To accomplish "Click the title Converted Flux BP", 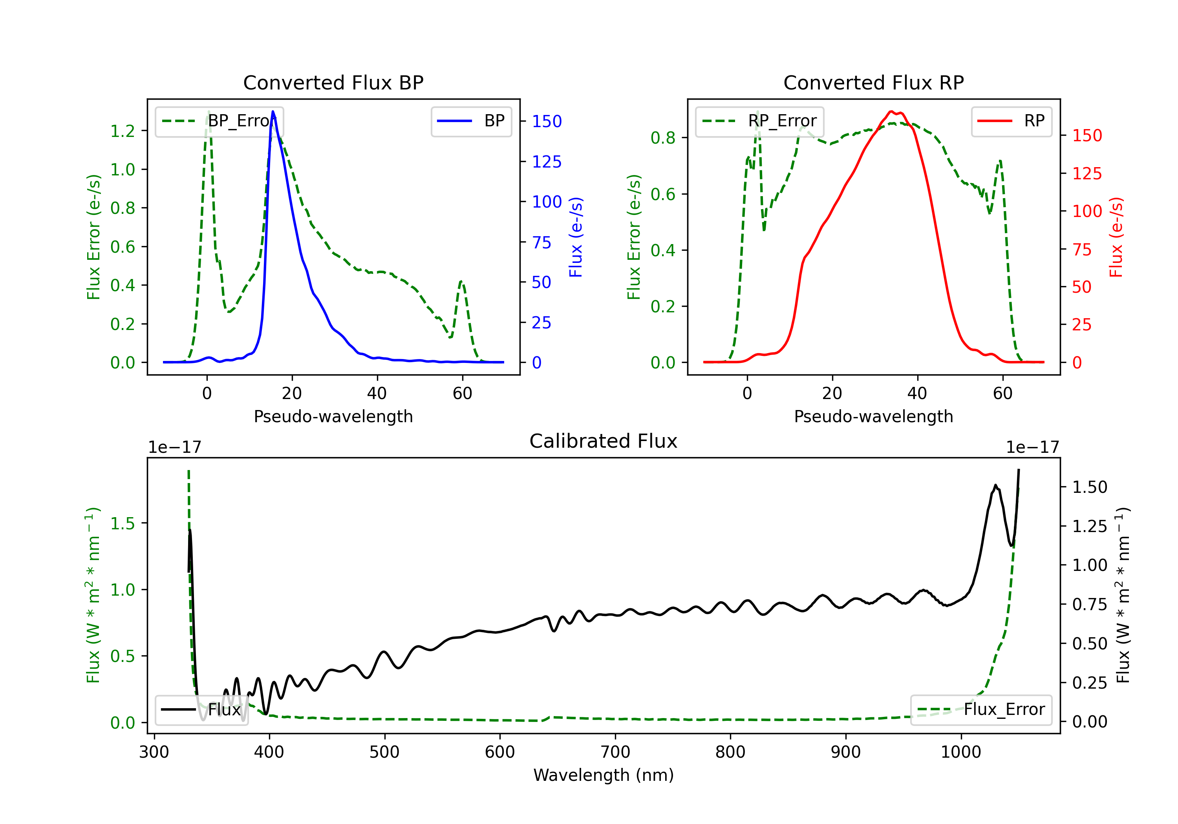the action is click(x=333, y=82).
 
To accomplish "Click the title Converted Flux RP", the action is click(x=873, y=82).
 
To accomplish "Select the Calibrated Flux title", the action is click(x=604, y=441).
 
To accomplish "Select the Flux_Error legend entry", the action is click(x=981, y=710).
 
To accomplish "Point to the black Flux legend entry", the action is click(x=201, y=710).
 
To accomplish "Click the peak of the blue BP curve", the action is click(x=273, y=111).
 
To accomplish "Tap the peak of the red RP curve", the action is click(x=891, y=111).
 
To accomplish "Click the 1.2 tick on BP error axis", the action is click(x=123, y=131).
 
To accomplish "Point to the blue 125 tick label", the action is click(x=547, y=162).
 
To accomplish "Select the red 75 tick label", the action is click(x=1082, y=250).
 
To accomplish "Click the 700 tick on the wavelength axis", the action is click(x=615, y=752).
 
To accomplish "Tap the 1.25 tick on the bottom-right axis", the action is click(x=1090, y=526).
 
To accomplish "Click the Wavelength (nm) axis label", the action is click(x=604, y=775).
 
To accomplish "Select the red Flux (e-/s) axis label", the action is click(x=1116, y=237).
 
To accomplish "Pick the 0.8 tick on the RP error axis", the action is click(x=663, y=138).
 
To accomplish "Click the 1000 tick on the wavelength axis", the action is click(x=961, y=752).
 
